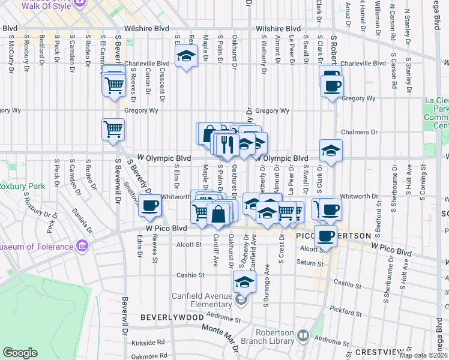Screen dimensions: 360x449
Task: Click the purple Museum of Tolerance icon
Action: [83, 246]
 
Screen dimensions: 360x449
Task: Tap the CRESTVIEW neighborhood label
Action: [420, 352]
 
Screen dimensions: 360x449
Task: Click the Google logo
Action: [20, 353]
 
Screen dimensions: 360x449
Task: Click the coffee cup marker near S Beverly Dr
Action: [149, 205]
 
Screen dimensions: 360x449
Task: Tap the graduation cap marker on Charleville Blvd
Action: [186, 58]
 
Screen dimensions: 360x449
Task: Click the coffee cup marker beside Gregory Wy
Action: [331, 86]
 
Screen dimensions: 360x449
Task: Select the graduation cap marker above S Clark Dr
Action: [330, 151]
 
